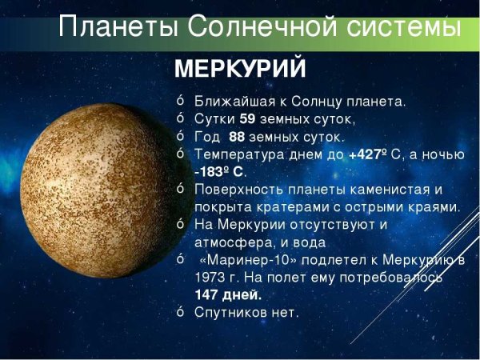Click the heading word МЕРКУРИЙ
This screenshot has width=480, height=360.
point(239,70)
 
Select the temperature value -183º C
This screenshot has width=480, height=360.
point(220,172)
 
